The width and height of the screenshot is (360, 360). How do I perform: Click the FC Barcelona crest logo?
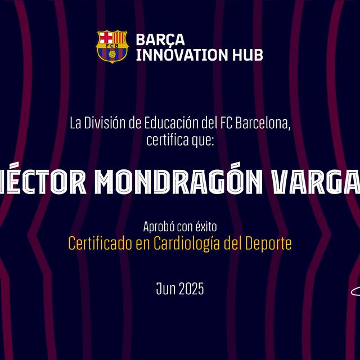(x=112, y=46)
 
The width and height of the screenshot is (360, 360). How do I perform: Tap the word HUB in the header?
(x=248, y=55)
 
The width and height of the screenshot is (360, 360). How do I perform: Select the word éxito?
(x=206, y=227)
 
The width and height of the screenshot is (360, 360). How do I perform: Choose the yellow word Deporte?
(x=269, y=244)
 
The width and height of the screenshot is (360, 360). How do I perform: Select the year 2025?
(x=191, y=289)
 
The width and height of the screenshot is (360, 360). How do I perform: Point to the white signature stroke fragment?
(x=355, y=291)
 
